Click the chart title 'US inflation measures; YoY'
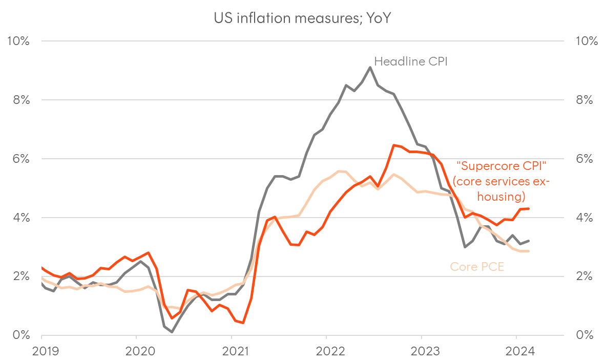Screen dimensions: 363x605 (x=302, y=18)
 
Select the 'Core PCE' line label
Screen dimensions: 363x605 (x=477, y=266)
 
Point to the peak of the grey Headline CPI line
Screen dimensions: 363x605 (x=370, y=67)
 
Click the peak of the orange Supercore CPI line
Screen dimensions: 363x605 (x=393, y=145)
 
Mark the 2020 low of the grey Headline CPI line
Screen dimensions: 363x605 (x=172, y=332)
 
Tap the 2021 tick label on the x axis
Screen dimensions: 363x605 (x=231, y=352)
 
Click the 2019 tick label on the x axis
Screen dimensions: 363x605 (x=41, y=352)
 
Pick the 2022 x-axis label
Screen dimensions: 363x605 (x=326, y=352)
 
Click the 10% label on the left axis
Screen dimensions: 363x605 (x=18, y=41)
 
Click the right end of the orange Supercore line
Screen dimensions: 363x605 (x=529, y=208)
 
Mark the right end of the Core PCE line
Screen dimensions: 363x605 (x=529, y=251)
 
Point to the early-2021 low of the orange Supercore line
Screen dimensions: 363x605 (x=243, y=323)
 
